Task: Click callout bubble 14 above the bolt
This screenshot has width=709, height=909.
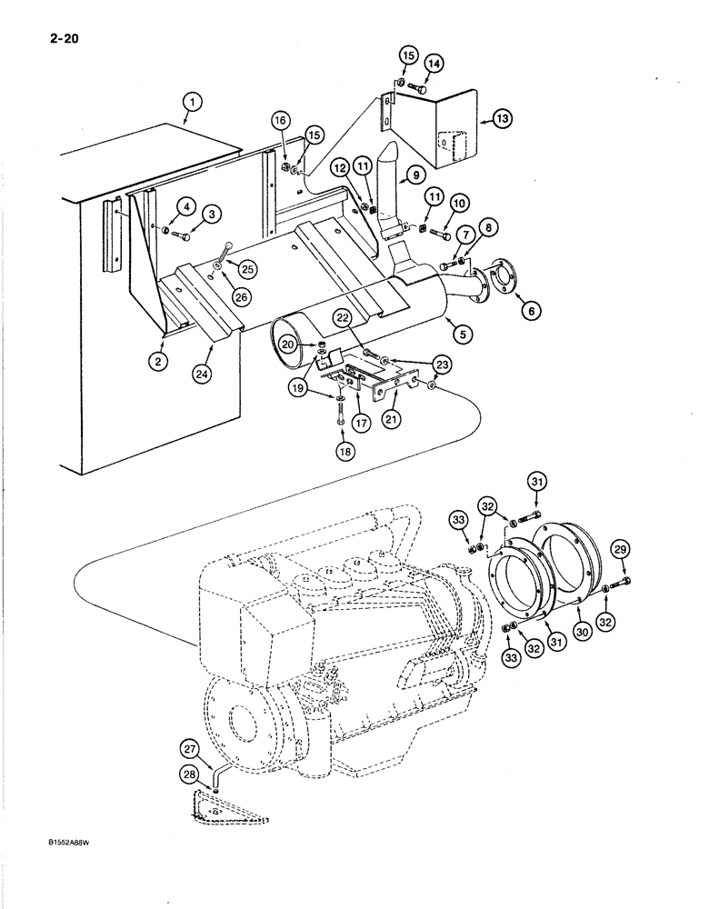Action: pos(434,63)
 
